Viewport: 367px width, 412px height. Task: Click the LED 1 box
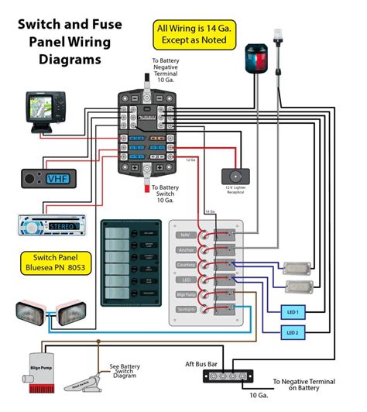click(293, 311)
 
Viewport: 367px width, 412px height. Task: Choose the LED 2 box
click(293, 333)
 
